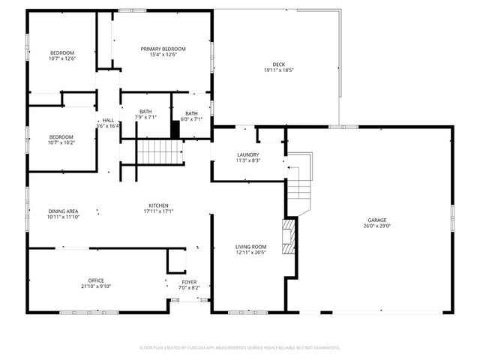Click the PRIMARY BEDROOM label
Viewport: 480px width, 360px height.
[x=163, y=49]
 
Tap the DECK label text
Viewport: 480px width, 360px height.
[x=278, y=64]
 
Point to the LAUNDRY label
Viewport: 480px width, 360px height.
[x=247, y=154]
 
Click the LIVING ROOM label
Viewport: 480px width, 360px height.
[x=250, y=247]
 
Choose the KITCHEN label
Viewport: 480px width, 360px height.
[x=157, y=205]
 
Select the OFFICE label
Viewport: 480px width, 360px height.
[x=95, y=280]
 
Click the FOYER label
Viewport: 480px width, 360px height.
[x=187, y=281]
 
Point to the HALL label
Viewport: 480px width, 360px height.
[x=108, y=120]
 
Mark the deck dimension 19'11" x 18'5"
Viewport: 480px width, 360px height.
[x=278, y=70]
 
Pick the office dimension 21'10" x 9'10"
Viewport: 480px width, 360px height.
[x=95, y=286]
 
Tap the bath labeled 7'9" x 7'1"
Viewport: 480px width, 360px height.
[x=145, y=115]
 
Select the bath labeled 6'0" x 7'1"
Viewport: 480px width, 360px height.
[x=192, y=116]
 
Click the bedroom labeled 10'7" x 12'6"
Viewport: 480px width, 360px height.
[x=62, y=55]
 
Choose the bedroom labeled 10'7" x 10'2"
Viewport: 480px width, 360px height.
[x=61, y=139]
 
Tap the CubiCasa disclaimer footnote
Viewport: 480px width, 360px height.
[x=240, y=347]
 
